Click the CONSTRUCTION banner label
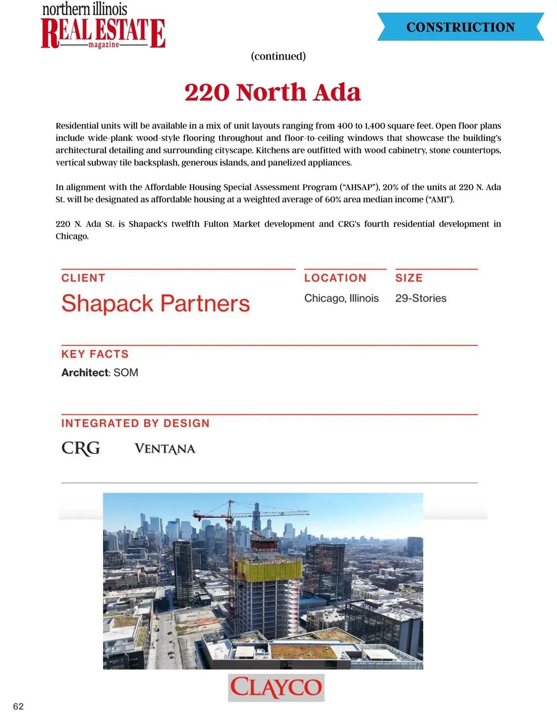tap(460, 27)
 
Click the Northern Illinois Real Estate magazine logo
tap(103, 27)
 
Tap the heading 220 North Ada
tap(272, 92)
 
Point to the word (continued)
tap(278, 56)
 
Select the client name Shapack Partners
tap(155, 304)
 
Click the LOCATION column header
tap(335, 278)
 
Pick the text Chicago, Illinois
tap(341, 298)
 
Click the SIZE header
tap(409, 278)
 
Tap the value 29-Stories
tap(421, 298)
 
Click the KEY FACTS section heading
tap(95, 354)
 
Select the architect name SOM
tap(126, 373)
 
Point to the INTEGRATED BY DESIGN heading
tap(135, 423)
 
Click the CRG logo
tap(81, 448)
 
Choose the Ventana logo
tap(165, 449)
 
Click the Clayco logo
tap(276, 688)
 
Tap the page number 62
tap(18, 707)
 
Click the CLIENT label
tap(83, 278)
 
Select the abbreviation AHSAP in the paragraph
tap(358, 187)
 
